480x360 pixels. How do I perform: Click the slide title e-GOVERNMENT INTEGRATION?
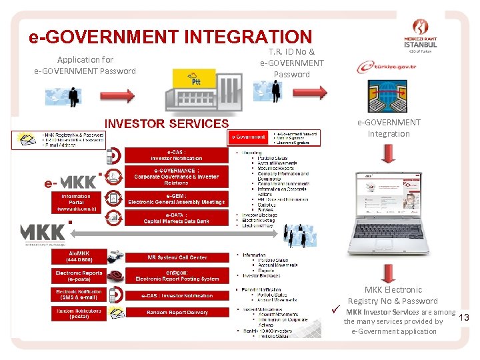point(170,37)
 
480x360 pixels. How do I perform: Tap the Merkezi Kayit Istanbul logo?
point(421,37)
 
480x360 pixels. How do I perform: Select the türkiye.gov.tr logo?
point(387,67)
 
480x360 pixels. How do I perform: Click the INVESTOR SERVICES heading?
point(167,123)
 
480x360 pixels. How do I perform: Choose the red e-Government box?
point(248,137)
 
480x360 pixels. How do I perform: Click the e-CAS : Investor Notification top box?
point(176,155)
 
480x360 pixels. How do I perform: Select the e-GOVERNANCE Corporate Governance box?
point(176,177)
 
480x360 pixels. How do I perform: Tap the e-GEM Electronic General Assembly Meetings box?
point(176,199)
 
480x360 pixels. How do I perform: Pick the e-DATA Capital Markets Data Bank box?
point(176,218)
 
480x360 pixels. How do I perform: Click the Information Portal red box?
point(76,202)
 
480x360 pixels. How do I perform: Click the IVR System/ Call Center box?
point(177,257)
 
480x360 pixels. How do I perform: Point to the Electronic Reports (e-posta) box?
point(79,275)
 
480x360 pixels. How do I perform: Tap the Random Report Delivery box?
point(177,313)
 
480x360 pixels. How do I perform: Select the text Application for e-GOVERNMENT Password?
point(85,65)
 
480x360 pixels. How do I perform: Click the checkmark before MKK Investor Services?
point(337,311)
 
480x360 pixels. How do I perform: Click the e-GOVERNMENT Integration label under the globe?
point(389,128)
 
